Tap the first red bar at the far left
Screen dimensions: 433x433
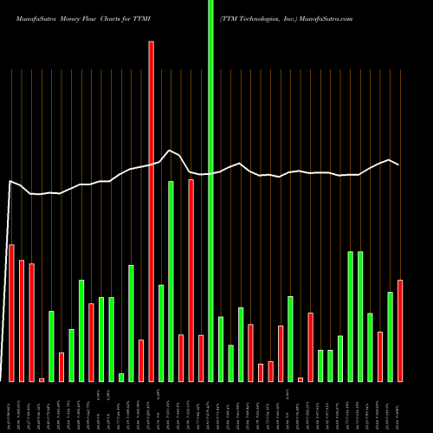click(12, 313)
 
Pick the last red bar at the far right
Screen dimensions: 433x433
click(400, 330)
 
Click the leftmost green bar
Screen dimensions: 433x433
click(51, 346)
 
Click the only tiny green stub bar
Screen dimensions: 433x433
click(121, 377)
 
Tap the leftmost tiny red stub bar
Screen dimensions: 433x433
click(42, 379)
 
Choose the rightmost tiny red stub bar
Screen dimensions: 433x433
click(301, 379)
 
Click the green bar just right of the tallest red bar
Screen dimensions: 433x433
click(161, 333)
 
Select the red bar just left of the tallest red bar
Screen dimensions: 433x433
click(141, 360)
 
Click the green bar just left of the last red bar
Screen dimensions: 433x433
click(390, 336)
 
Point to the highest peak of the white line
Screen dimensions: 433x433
click(170, 150)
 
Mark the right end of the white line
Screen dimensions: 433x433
click(398, 164)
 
